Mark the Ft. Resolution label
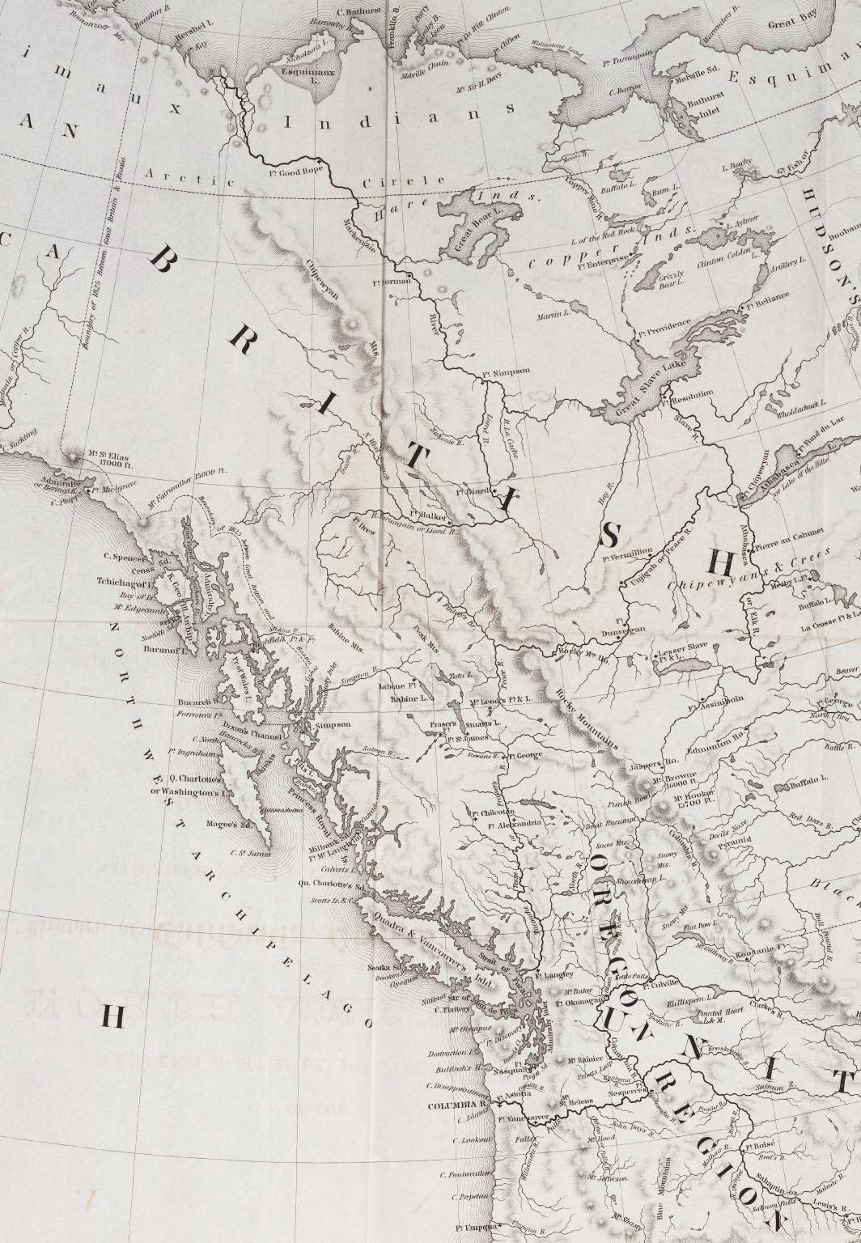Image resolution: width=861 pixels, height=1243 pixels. (689, 394)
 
